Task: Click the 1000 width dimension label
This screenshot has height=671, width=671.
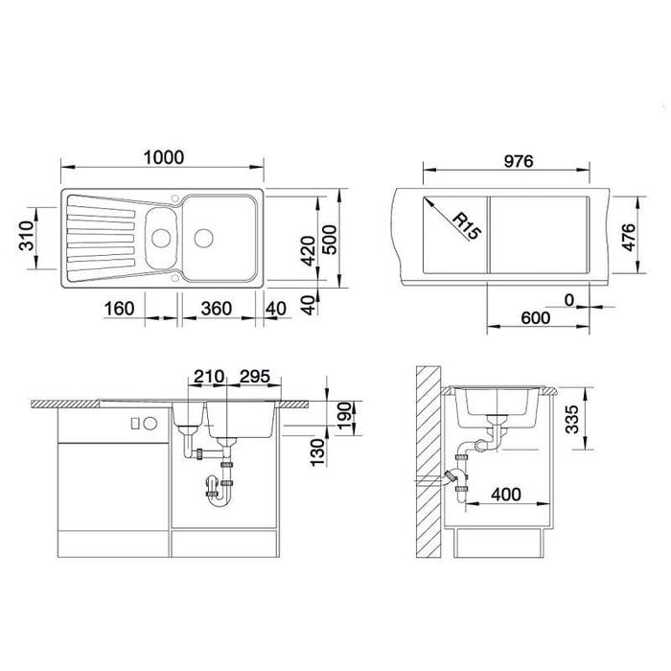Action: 164,157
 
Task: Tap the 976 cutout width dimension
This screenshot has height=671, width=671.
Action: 519,161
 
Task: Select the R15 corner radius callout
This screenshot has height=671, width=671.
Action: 467,226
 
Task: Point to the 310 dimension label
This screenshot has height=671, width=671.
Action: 27,236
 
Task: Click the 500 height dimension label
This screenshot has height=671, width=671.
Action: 329,240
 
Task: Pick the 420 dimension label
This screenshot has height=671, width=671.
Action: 308,251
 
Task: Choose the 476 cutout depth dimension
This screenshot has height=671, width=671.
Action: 629,237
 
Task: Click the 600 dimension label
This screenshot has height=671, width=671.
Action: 536,318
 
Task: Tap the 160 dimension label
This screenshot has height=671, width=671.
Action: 120,309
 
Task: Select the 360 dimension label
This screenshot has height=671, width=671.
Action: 217,309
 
